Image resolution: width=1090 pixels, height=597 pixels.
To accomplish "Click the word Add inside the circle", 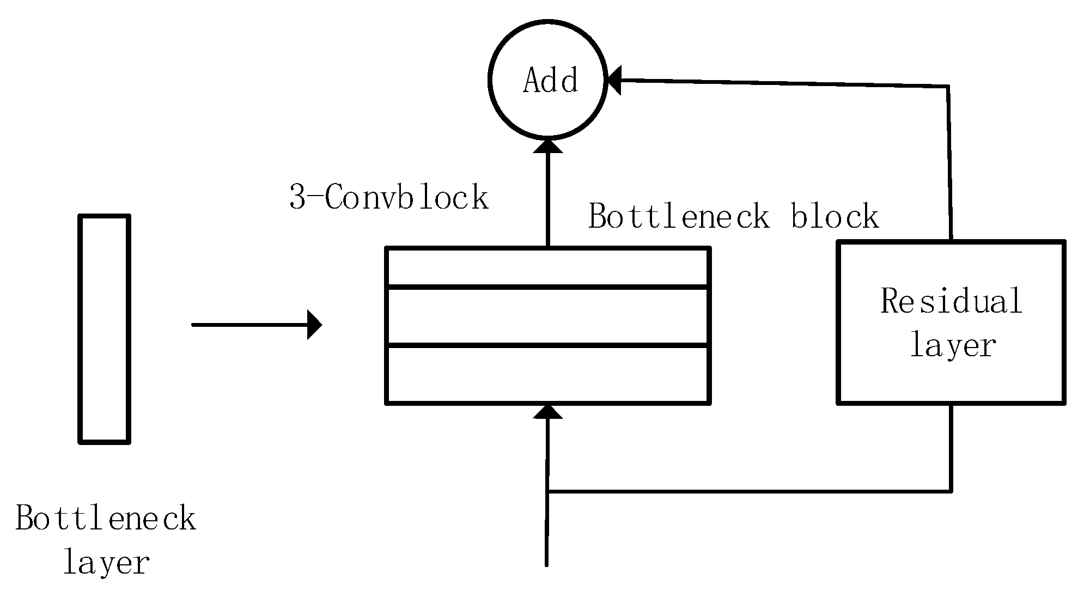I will click(550, 81).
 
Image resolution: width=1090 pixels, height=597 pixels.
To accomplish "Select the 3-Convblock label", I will click(388, 197).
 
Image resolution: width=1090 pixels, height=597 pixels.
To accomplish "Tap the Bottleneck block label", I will click(733, 216).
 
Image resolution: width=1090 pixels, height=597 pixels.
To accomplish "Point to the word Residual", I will click(951, 301).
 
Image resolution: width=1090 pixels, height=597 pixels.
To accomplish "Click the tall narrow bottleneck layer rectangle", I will click(104, 329).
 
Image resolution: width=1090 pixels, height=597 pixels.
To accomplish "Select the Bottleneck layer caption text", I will click(105, 539).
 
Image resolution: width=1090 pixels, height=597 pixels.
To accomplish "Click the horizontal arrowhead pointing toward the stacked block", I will click(314, 325).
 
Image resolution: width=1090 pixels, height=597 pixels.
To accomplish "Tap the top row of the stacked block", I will click(547, 267).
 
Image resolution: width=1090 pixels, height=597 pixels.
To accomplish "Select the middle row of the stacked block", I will click(547, 316).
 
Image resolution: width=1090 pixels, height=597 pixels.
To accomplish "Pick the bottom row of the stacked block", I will click(547, 374).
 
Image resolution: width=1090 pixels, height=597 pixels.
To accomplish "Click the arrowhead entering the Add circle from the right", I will click(614, 81).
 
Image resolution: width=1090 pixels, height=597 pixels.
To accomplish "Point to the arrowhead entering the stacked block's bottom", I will click(547, 412).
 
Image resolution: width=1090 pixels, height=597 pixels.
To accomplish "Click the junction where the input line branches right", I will click(547, 491).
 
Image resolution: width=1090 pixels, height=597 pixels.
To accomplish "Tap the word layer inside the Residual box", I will click(953, 345).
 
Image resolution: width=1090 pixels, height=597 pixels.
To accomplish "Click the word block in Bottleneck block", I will click(835, 216).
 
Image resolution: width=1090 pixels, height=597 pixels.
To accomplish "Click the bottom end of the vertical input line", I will click(546, 564).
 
